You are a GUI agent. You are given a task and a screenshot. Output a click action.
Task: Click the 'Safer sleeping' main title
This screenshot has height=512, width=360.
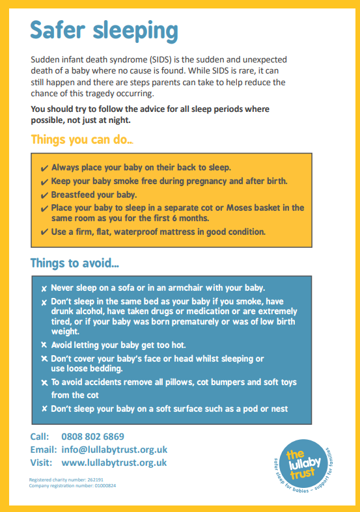coord(104,30)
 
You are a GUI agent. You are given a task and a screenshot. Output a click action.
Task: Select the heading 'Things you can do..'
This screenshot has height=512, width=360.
coord(83,139)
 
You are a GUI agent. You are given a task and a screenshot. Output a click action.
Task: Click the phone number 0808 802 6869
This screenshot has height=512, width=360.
coord(92,437)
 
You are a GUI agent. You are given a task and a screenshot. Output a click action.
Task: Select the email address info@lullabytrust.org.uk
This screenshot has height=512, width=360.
coord(114,450)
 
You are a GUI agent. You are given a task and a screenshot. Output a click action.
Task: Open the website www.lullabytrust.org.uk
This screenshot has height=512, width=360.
coord(114,463)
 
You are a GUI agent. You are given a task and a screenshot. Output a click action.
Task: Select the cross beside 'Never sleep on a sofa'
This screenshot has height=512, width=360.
coord(44,288)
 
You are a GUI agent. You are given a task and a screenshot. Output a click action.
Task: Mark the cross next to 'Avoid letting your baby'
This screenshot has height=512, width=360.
coord(44,345)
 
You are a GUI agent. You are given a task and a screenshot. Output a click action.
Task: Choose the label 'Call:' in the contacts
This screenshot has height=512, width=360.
coord(40,437)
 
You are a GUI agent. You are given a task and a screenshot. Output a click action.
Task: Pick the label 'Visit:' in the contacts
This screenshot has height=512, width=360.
coord(42,463)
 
